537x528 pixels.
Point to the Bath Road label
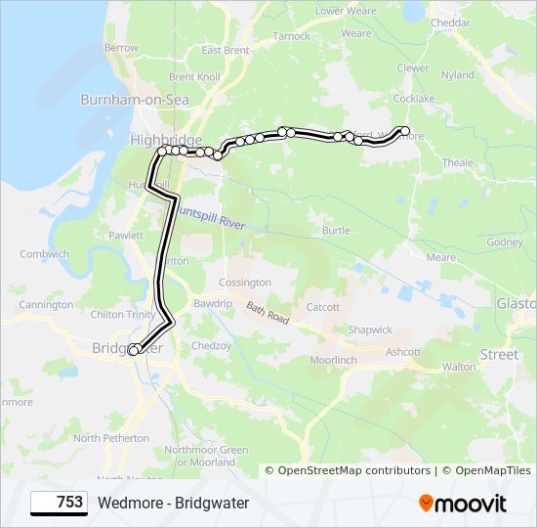(x=268, y=313)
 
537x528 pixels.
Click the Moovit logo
(x=463, y=504)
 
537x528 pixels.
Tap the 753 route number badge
(x=60, y=503)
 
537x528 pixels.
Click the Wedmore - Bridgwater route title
(x=174, y=503)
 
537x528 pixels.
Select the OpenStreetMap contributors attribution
(x=353, y=471)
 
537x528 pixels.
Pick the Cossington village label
(x=244, y=283)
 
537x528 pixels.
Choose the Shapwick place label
(x=370, y=330)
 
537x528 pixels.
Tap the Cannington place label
(x=46, y=305)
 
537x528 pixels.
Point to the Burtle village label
(x=336, y=231)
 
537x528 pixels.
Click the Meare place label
(x=441, y=257)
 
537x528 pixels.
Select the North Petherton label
(x=113, y=438)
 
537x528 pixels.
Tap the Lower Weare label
(x=346, y=11)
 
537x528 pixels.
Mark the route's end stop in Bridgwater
(x=134, y=350)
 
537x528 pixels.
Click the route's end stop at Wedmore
(x=405, y=131)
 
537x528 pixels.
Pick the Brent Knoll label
(x=194, y=76)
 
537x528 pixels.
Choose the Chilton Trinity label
(x=122, y=314)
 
